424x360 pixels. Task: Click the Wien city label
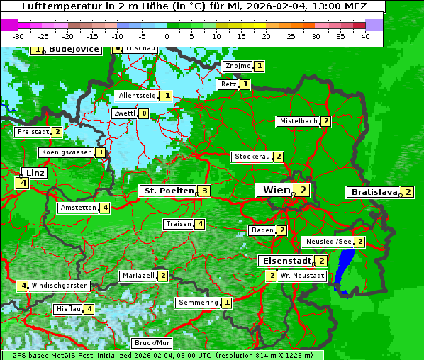[277, 190]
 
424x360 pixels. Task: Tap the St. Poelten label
[167, 191]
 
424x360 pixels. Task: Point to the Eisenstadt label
[284, 261]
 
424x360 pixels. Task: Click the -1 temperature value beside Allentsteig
[166, 96]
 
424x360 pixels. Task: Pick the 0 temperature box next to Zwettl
[143, 113]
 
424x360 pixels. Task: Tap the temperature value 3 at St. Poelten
[204, 191]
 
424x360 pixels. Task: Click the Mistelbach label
[299, 121]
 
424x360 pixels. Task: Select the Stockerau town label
[252, 157]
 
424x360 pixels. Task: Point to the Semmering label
[198, 303]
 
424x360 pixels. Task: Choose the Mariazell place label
[138, 276]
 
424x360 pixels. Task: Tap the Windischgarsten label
[60, 286]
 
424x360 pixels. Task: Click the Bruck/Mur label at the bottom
[152, 343]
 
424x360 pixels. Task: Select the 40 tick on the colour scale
[365, 35]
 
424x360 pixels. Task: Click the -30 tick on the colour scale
[18, 35]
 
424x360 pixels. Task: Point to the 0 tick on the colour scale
[167, 35]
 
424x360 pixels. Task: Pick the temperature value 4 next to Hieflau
[89, 309]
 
